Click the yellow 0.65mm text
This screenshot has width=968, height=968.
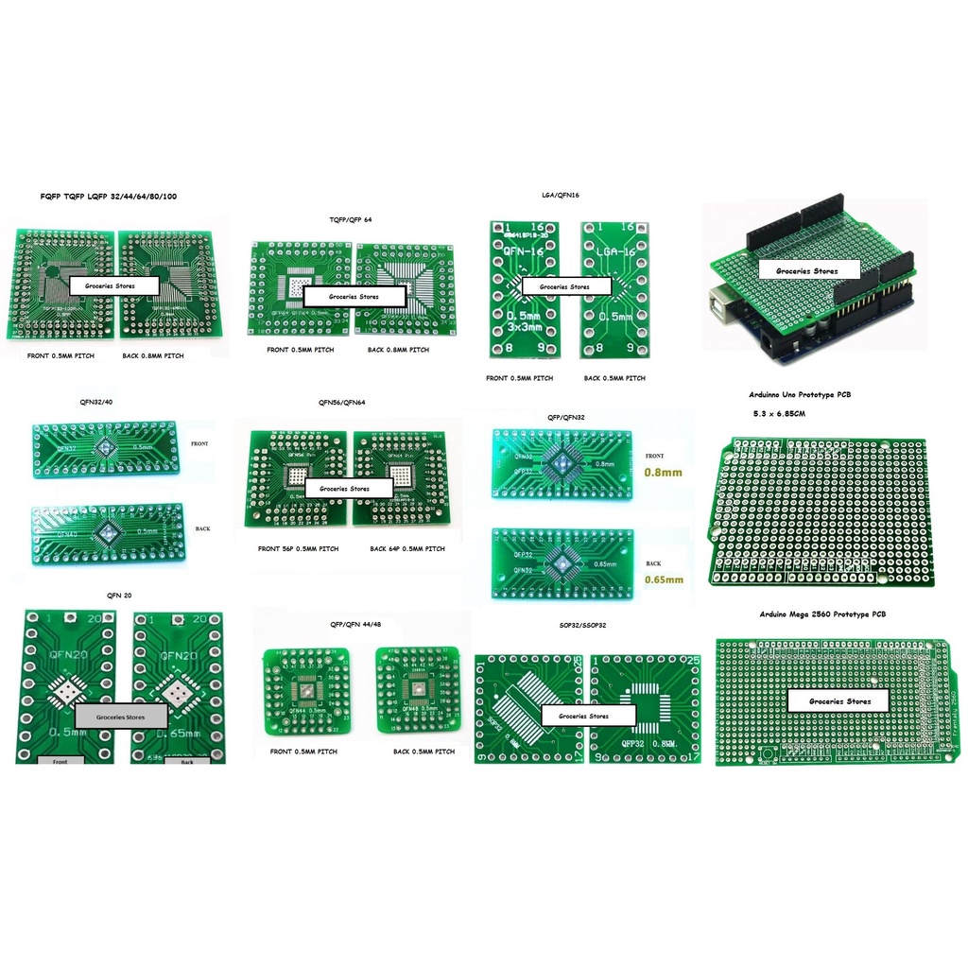tap(664, 579)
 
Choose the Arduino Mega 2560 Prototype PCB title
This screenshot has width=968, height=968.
tap(822, 614)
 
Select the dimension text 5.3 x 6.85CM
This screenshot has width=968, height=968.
tap(779, 414)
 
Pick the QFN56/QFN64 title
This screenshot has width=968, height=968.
tap(342, 403)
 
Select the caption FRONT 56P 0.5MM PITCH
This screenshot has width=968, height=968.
tap(298, 549)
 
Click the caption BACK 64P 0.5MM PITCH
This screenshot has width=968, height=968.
tap(407, 549)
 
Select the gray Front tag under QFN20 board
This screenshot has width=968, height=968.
tap(60, 760)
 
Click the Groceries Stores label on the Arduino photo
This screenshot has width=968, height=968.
tap(806, 271)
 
